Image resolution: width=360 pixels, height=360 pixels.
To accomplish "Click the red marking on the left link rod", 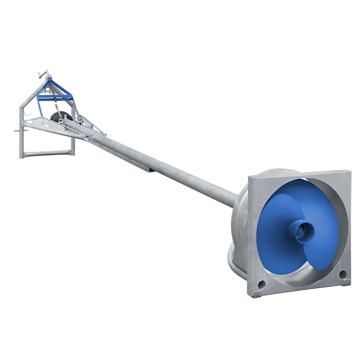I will click(57, 104).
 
